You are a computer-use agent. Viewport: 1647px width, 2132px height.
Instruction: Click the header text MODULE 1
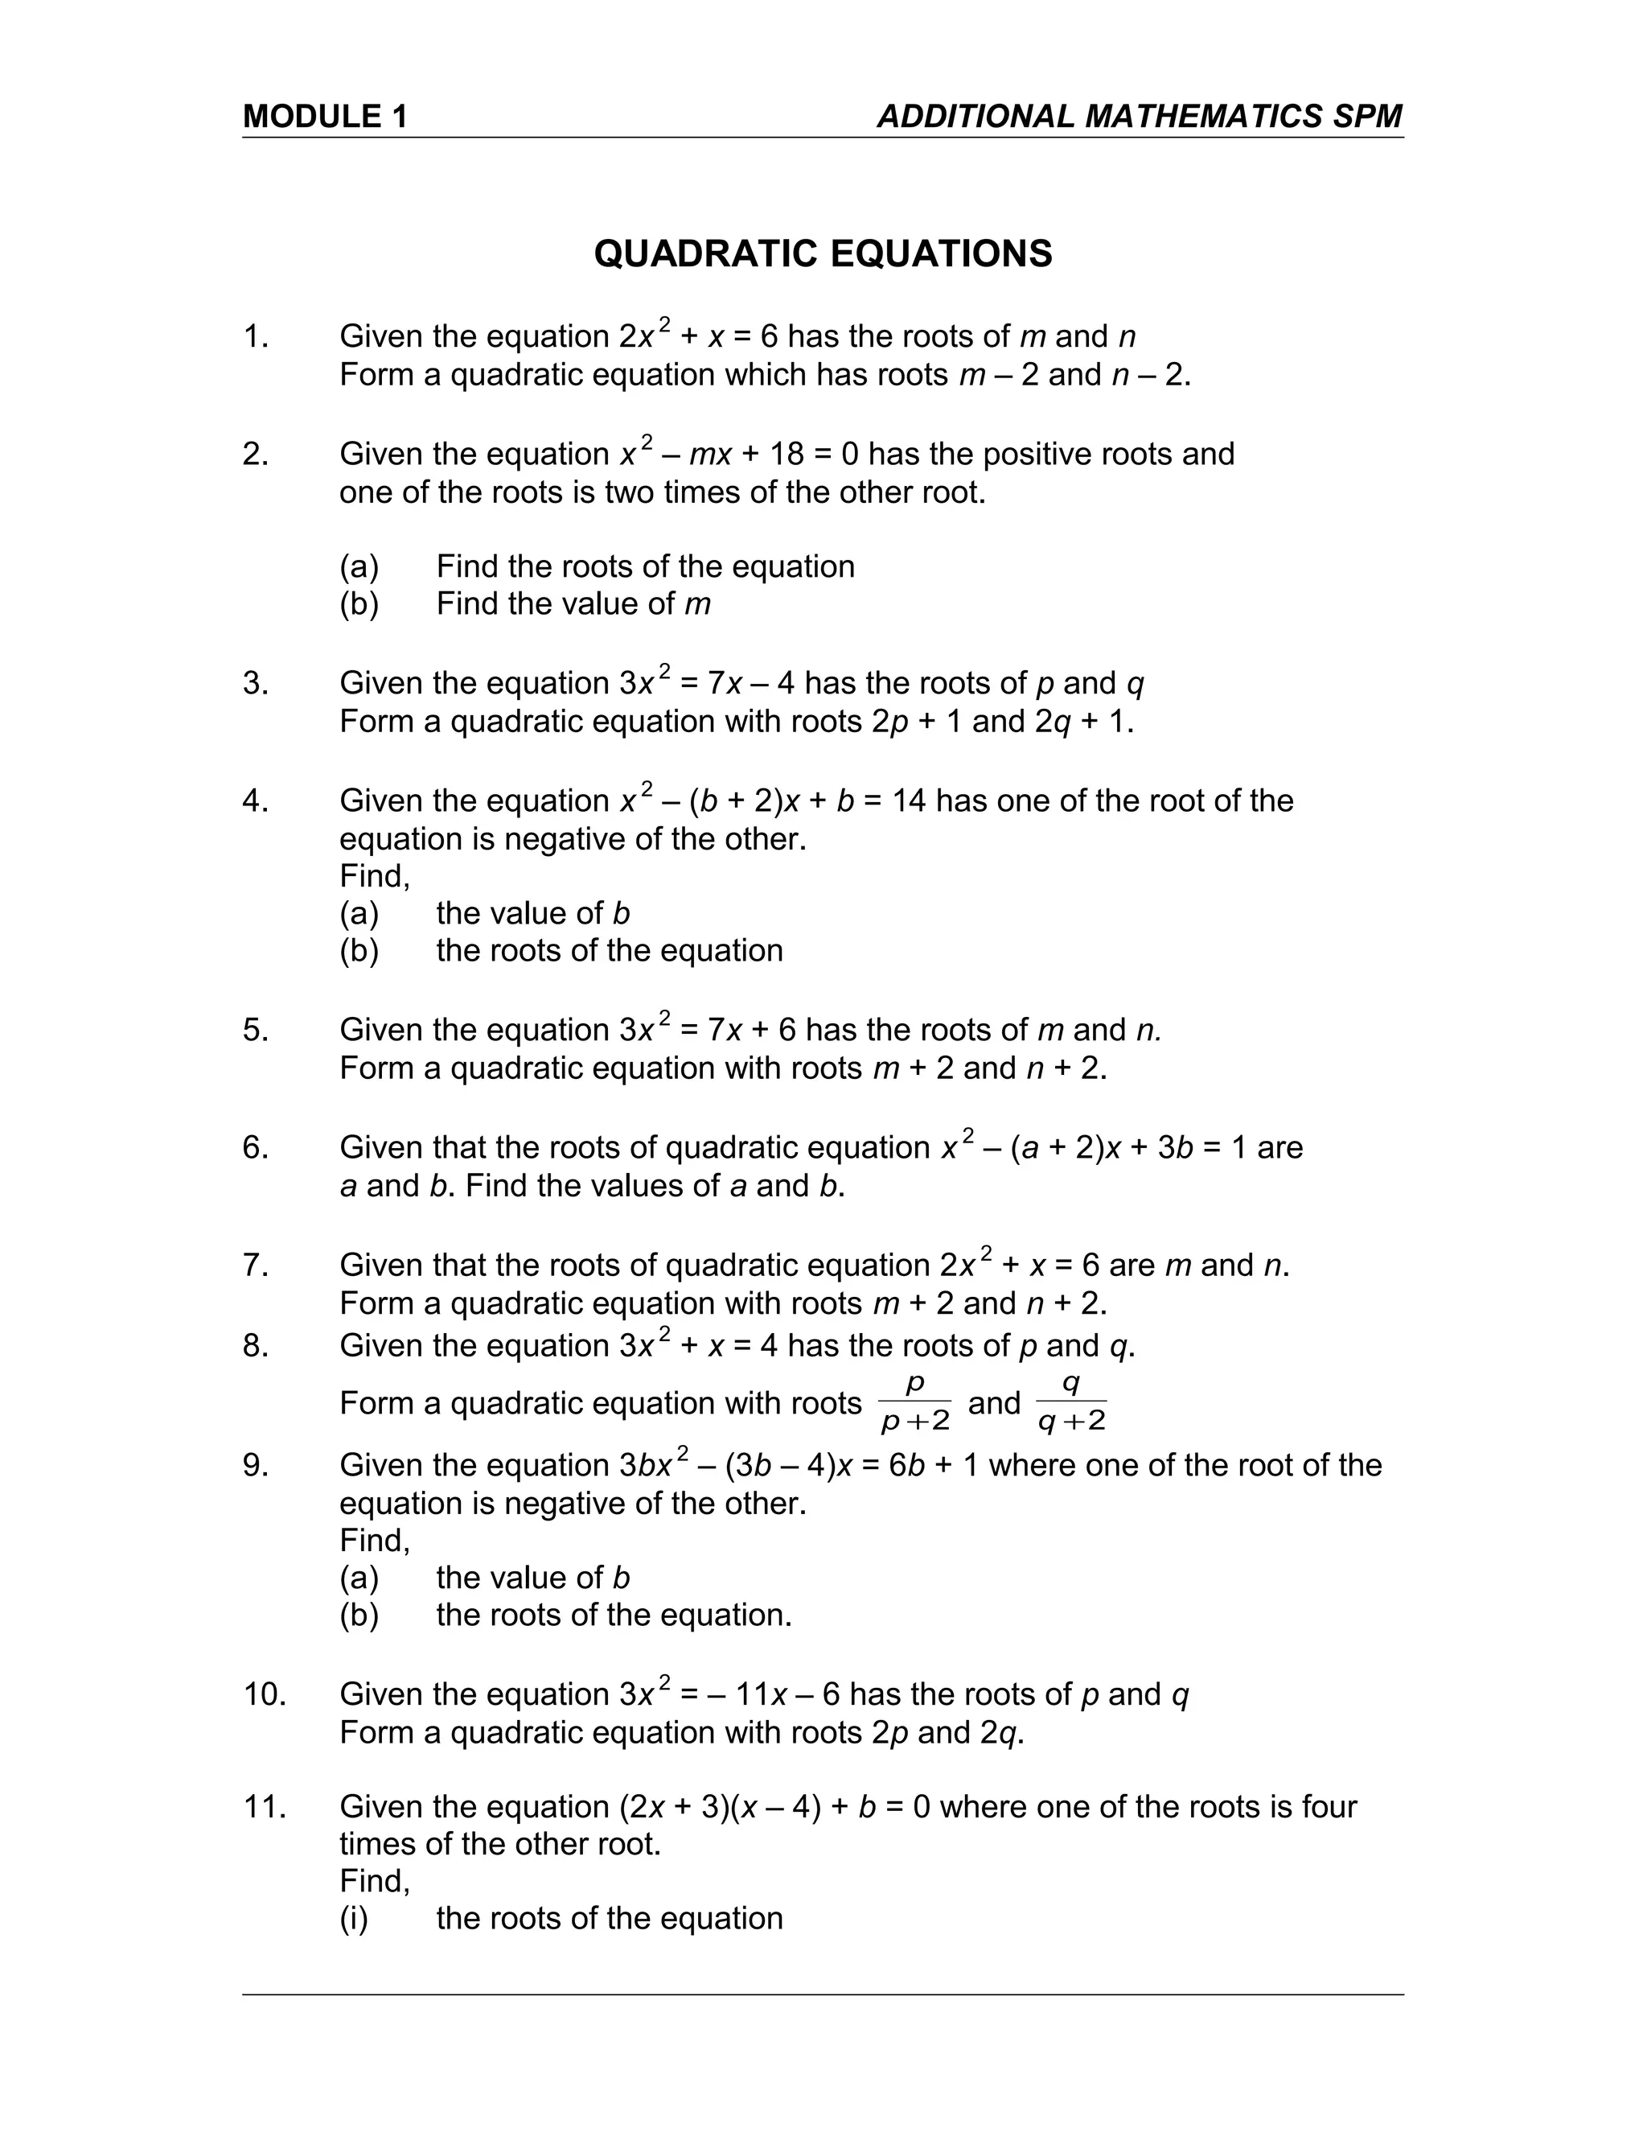[325, 117]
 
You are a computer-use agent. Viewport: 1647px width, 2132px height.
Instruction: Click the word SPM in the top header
[1366, 117]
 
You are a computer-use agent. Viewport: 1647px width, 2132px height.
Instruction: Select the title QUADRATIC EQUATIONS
[823, 253]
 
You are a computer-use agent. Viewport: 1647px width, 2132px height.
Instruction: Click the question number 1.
[256, 337]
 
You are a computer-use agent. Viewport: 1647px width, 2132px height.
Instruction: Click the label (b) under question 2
[359, 604]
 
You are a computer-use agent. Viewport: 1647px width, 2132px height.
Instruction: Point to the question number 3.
[256, 683]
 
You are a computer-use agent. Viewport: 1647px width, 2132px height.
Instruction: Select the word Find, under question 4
[375, 877]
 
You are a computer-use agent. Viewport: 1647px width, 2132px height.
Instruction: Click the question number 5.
[256, 1031]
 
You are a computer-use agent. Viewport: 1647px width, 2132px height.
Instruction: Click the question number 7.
[256, 1266]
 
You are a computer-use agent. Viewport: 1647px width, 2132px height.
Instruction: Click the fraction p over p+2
[914, 1404]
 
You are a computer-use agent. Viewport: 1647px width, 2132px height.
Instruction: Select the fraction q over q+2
[1071, 1404]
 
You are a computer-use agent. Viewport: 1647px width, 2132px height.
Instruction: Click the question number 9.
[256, 1465]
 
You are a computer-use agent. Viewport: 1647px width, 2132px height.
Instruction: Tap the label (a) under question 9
[359, 1578]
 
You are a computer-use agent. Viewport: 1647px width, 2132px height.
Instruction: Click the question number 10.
[265, 1694]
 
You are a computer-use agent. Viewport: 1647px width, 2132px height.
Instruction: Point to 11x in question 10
[761, 1694]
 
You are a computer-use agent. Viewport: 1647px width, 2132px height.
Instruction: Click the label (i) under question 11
[353, 1918]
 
